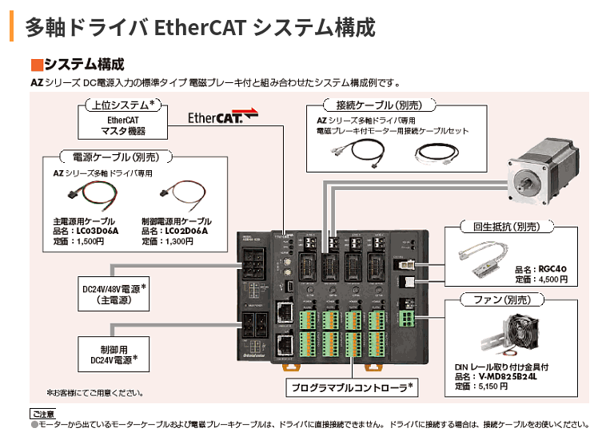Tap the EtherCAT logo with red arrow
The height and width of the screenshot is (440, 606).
(x=223, y=117)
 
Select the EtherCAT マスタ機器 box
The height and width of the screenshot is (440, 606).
(x=122, y=125)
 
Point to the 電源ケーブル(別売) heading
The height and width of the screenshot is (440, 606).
(x=117, y=157)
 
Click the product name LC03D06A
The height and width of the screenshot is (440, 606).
(x=95, y=231)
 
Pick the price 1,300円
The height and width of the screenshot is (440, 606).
(x=177, y=240)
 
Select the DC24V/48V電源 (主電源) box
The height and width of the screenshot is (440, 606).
(x=114, y=295)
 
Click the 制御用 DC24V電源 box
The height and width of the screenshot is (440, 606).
(x=114, y=355)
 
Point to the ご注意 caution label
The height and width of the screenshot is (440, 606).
(x=42, y=414)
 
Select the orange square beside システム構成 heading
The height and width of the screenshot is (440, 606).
(x=35, y=64)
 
